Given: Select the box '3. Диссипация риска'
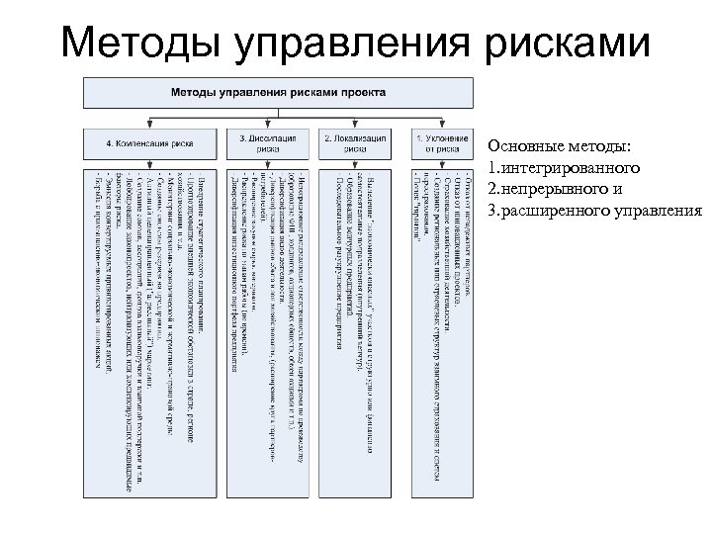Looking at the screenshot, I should (x=268, y=141).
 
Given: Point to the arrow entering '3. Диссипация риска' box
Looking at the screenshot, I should (x=268, y=124).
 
